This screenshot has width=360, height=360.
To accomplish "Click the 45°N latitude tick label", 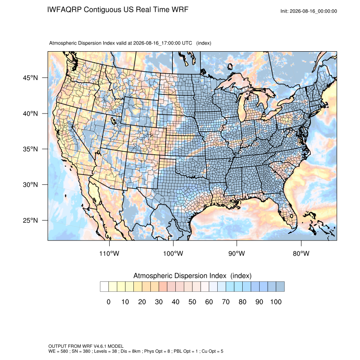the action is (30, 78).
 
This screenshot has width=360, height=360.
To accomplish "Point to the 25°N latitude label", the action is (30, 220).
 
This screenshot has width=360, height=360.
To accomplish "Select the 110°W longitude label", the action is (109, 253).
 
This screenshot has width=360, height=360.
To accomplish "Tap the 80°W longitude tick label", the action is (301, 253).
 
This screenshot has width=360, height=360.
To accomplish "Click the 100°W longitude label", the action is (173, 253).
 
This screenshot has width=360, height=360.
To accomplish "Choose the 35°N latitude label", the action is (30, 149).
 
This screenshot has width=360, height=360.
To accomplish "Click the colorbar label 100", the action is (276, 302).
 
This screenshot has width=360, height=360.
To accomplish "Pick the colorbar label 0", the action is (108, 302).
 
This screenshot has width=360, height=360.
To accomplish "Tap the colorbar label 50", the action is (192, 302).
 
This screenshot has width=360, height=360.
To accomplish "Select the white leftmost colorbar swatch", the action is (104, 287).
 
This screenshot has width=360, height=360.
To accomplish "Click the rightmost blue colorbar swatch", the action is (280, 287).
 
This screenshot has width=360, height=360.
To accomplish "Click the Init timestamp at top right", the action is (309, 11).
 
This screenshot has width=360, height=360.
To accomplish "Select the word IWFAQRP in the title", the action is (64, 10).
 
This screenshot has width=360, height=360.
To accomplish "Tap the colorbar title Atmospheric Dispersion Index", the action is (180, 276).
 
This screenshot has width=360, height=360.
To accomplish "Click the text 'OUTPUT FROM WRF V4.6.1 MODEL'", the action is (86, 346).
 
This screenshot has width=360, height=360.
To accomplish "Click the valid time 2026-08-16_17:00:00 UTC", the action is (163, 43).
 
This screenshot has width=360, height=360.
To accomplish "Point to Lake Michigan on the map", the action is (241, 108).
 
